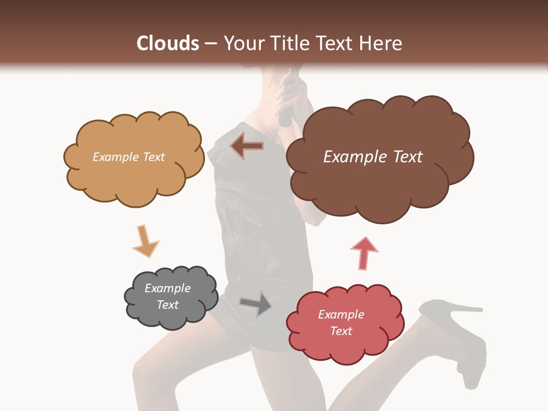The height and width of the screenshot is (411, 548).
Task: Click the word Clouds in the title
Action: point(168,43)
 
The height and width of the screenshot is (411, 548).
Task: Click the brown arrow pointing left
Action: point(247,146)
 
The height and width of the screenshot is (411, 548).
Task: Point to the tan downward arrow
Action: point(145,241)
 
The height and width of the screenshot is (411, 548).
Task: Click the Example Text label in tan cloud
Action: point(128,157)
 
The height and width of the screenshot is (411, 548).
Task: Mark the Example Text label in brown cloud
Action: point(373,157)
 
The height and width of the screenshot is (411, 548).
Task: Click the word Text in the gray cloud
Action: point(168,305)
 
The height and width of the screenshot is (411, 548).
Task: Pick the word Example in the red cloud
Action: point(341,315)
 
